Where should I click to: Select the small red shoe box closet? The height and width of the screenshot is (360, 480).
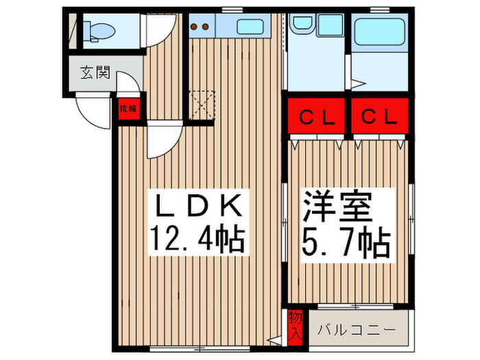coord(127,108)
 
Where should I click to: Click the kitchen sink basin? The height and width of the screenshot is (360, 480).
coord(254,27)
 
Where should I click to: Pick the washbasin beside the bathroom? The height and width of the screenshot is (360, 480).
coord(302,23)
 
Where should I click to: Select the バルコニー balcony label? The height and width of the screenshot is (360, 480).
coord(357,330)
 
